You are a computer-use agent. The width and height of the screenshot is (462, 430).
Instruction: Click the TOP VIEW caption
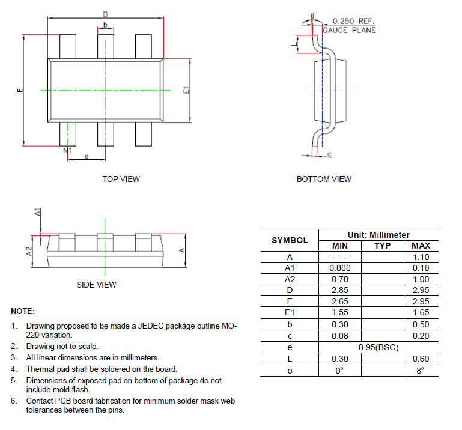click(121, 179)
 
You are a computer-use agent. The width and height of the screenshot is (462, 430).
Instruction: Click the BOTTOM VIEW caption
click(324, 179)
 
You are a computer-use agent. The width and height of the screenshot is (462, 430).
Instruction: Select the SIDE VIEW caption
click(96, 285)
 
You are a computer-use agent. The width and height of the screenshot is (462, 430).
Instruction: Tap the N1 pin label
click(67, 150)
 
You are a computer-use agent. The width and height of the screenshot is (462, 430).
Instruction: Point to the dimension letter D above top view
click(105, 14)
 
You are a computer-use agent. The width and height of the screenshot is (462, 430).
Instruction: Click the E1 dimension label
click(186, 90)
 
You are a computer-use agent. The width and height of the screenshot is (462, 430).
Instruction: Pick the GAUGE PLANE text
click(349, 30)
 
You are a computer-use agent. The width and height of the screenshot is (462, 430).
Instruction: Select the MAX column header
click(421, 246)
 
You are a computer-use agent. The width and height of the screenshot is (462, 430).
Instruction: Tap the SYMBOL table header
click(290, 240)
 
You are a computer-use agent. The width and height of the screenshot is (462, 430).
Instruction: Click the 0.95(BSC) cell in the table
click(378, 348)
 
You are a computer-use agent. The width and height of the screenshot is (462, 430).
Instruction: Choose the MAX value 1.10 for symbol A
click(421, 257)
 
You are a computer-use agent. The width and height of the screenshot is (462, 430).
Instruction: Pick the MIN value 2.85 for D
click(340, 291)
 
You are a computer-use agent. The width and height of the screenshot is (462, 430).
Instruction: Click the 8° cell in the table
click(421, 371)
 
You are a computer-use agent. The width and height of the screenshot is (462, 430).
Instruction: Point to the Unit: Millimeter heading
click(378, 235)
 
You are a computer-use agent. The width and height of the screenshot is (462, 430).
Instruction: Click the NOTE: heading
click(23, 312)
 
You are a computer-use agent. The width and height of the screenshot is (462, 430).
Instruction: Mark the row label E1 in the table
click(290, 313)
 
